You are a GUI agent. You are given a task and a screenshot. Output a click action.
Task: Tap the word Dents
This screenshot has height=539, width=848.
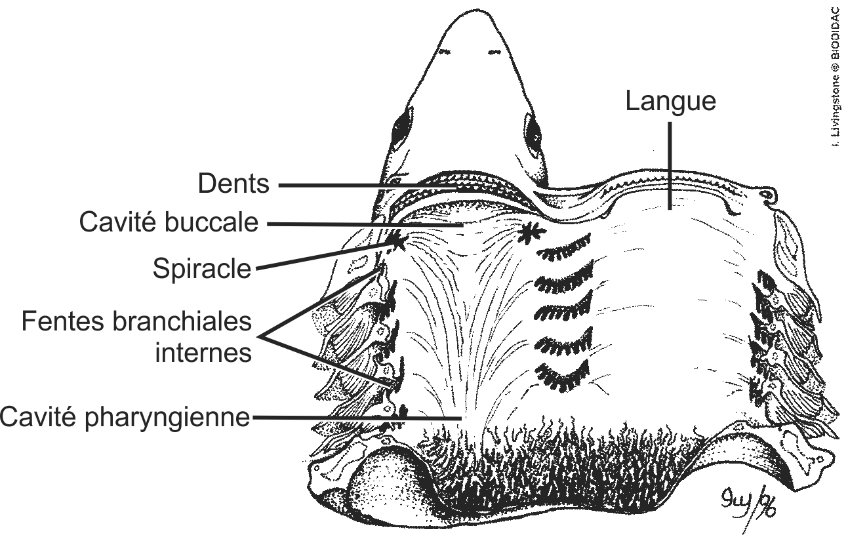pos(233,185)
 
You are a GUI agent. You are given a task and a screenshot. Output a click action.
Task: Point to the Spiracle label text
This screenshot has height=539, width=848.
pos(202,268)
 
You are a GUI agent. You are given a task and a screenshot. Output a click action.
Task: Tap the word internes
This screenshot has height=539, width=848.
pos(203,353)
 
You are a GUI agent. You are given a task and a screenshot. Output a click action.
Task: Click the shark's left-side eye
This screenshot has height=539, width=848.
pos(400,125)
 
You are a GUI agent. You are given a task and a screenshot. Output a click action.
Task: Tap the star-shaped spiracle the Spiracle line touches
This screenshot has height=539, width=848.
pos(397,242)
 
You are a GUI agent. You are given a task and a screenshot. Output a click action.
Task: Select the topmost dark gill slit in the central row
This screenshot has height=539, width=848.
pos(563,245)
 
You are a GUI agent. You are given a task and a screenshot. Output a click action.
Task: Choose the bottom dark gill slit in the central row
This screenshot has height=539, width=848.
pos(563,374)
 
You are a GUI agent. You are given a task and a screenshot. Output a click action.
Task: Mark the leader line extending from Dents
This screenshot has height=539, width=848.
pos(367,186)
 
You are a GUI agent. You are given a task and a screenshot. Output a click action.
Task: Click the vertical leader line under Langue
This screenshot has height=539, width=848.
pos(670,167)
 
